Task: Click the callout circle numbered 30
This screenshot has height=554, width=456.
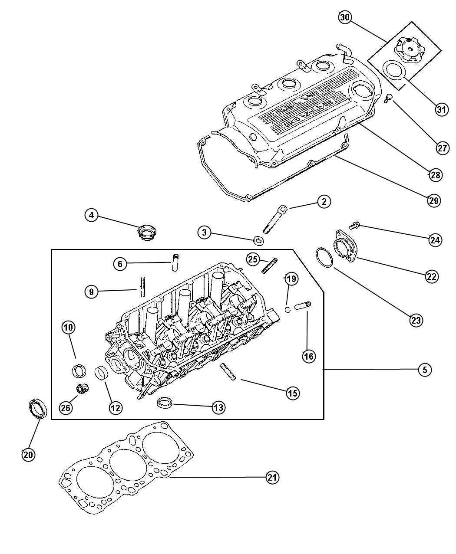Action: (345, 17)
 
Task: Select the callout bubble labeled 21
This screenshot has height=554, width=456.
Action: (272, 477)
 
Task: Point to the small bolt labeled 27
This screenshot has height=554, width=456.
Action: (389, 98)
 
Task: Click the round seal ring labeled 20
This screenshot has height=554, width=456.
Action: (38, 409)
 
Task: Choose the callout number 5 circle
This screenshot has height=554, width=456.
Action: (425, 370)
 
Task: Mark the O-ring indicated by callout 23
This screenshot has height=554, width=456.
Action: (324, 258)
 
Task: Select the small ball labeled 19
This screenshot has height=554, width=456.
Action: (287, 309)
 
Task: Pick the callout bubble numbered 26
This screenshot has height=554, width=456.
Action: (66, 407)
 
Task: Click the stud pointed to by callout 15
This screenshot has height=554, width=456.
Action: (228, 372)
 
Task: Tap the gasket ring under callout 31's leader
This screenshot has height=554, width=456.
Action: (395, 70)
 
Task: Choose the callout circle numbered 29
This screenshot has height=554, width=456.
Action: (433, 200)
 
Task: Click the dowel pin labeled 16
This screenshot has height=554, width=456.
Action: (301, 306)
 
